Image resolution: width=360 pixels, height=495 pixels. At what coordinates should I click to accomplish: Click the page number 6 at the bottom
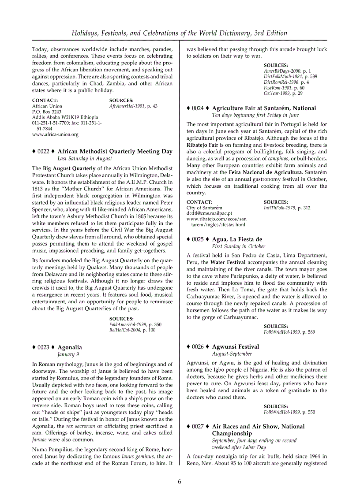tap(180, 481)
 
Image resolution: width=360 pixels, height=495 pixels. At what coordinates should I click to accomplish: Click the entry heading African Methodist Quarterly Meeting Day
tap(115, 151)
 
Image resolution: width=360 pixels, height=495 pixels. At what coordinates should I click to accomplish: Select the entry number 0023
tap(43, 347)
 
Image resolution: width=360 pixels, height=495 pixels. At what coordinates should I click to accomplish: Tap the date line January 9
tap(68, 354)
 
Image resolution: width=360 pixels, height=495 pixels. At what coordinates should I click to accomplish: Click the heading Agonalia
tap(70, 347)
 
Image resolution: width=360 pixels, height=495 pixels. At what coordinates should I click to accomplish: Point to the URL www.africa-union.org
tap(55, 134)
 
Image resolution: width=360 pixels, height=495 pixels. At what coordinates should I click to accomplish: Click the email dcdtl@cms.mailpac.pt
tap(212, 213)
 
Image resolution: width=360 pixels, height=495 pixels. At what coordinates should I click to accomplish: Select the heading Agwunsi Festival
tap(235, 347)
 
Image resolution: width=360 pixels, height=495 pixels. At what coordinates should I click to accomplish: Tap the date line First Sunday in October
tap(239, 246)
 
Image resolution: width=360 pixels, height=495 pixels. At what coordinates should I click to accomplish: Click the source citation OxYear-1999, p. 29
tap(283, 93)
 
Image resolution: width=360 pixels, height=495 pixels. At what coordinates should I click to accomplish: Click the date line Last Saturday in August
tap(85, 158)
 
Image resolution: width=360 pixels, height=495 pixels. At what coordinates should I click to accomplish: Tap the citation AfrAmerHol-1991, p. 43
tap(133, 106)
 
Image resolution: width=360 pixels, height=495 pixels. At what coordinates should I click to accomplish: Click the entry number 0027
tap(198, 427)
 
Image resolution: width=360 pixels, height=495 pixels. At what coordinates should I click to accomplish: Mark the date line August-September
tap(232, 354)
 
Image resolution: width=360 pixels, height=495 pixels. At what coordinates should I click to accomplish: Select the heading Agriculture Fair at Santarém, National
tap(264, 108)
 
